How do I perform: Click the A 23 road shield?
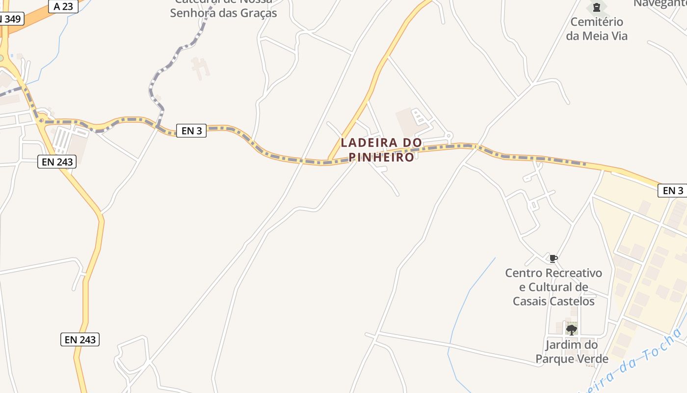[63, 7]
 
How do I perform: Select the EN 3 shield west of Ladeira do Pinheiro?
[191, 131]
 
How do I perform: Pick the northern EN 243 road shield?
[57, 162]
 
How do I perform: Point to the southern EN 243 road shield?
[80, 339]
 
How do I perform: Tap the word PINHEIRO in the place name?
[381, 158]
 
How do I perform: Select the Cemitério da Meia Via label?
[597, 29]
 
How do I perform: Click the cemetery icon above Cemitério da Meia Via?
[597, 7]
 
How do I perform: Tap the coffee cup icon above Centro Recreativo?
[554, 258]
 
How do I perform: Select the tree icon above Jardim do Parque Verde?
[571, 329]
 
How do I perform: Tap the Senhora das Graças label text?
[223, 13]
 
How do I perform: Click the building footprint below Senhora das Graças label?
[200, 68]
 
